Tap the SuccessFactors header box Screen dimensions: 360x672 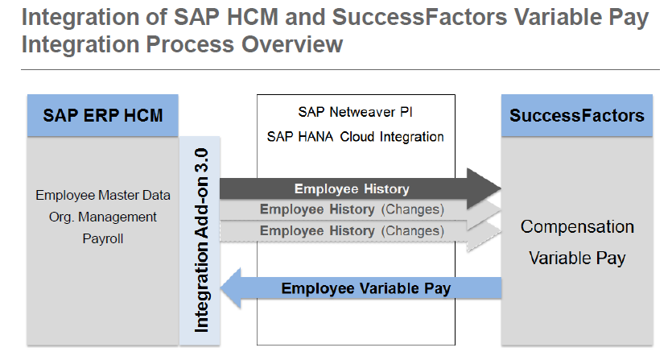pos(577,116)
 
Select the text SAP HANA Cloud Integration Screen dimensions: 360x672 pos(355,136)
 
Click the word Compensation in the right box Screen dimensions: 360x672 pos(577,226)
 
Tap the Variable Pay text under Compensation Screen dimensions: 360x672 pos(577,258)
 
